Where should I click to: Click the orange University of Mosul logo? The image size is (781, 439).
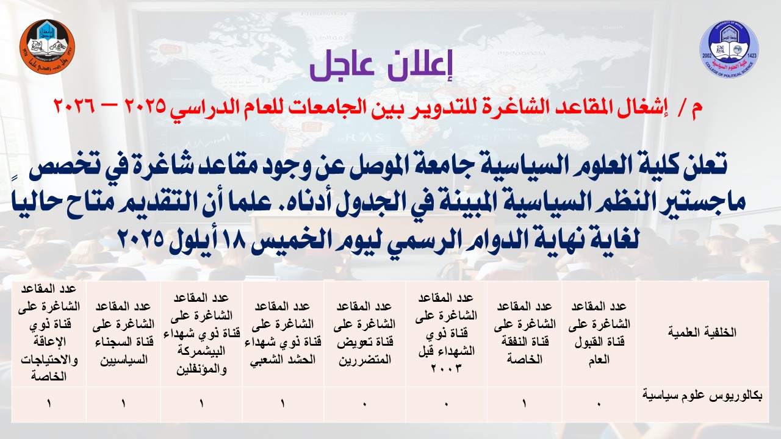(48, 47)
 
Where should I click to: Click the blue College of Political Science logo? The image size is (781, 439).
(729, 49)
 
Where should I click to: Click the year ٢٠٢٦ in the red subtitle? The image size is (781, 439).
(74, 105)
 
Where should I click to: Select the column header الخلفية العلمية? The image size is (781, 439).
(702, 332)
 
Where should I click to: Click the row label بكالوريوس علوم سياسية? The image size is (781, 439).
(702, 396)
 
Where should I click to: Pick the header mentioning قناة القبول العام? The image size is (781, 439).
(599, 333)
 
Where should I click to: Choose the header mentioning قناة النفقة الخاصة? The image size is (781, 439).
(524, 333)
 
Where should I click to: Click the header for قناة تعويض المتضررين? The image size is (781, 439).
(365, 333)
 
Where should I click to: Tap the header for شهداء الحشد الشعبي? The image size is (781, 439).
(283, 333)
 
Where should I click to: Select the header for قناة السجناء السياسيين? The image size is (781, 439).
(123, 333)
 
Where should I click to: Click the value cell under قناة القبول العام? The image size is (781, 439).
(599, 404)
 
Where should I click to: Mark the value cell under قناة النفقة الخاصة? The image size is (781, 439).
(524, 404)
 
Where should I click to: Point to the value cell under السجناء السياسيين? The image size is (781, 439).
(123, 404)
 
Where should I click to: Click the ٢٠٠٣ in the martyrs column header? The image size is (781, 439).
(446, 368)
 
